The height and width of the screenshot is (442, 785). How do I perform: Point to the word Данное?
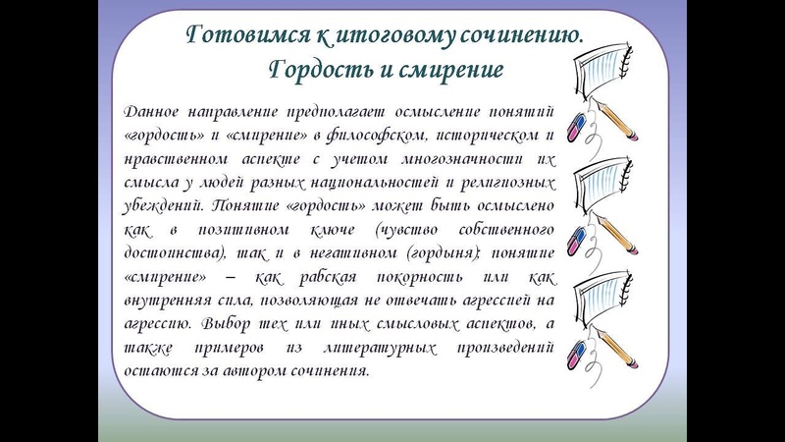coord(151,111)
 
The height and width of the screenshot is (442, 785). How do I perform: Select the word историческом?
coord(487,136)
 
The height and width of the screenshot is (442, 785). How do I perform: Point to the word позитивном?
coord(243,231)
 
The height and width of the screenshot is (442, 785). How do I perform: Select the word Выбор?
coord(226,324)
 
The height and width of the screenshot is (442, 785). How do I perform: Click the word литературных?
coord(380,348)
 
